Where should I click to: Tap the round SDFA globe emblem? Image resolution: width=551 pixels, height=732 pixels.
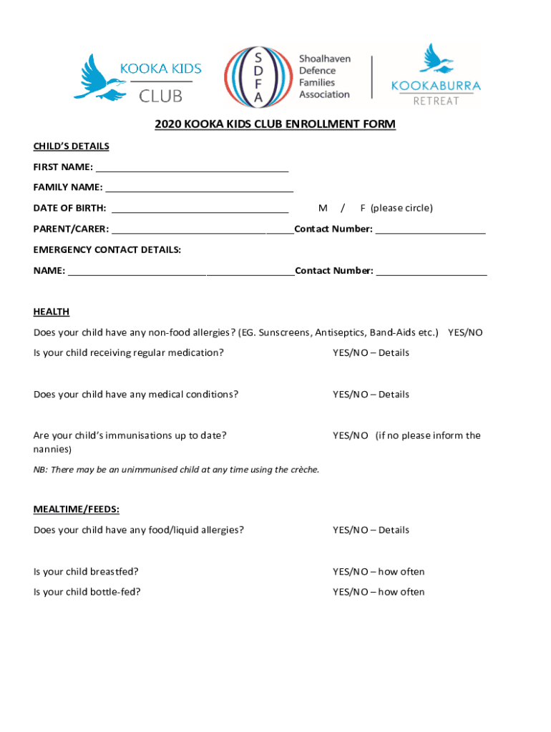pyautogui.click(x=258, y=77)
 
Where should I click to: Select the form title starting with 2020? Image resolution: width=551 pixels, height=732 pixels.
pyautogui.click(x=275, y=124)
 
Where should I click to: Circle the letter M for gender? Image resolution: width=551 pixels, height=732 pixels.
pyautogui.click(x=323, y=208)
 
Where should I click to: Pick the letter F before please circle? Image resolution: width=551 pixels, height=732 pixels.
pyautogui.click(x=363, y=208)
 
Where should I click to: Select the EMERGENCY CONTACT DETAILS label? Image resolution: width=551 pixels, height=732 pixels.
pyautogui.click(x=107, y=249)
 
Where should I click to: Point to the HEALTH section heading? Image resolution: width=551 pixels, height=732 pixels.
pyautogui.click(x=52, y=312)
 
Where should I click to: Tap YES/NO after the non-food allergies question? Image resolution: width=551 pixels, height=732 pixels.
pyautogui.click(x=465, y=332)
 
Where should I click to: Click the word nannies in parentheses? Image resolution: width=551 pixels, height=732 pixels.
pyautogui.click(x=51, y=450)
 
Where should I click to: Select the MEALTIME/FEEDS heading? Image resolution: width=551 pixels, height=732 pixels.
pyautogui.click(x=76, y=509)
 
